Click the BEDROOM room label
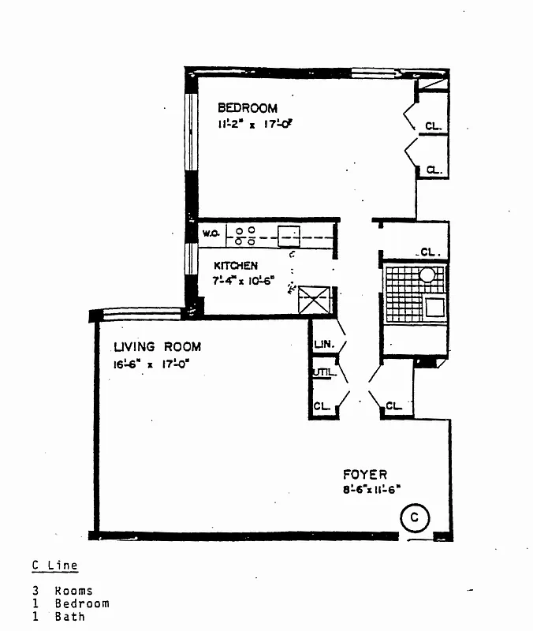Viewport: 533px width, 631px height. click(248, 108)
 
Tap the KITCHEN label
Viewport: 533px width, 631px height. click(235, 266)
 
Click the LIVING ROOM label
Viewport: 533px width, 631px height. click(157, 346)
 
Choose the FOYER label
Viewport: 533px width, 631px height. click(364, 474)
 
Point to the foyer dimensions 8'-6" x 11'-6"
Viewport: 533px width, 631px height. click(367, 488)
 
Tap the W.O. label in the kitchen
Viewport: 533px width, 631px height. click(210, 233)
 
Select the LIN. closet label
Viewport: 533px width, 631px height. click(324, 344)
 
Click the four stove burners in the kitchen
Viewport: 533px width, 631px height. click(244, 235)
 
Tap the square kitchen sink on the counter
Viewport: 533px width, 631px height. click(289, 235)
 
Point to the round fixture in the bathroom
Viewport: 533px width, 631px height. click(427, 275)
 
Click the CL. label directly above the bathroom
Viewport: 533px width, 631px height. click(429, 252)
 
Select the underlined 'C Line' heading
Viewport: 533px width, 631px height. click(55, 565)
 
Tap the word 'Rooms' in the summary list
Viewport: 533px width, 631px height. click(73, 590)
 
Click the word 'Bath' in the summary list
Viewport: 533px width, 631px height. click(69, 616)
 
